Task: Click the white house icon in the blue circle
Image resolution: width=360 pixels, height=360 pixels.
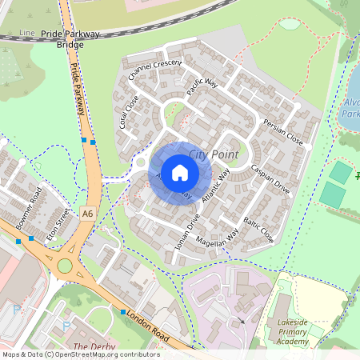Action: (x=180, y=173)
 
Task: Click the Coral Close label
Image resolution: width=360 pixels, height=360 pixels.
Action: (x=129, y=113)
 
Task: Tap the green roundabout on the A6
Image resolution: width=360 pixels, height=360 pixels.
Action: (x=64, y=266)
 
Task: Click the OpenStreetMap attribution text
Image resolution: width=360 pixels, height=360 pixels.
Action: (x=80, y=354)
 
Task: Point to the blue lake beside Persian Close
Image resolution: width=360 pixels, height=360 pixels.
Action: (x=353, y=96)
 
